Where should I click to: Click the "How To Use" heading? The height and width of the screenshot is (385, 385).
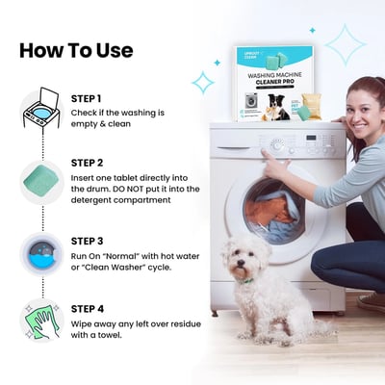[x=76, y=50]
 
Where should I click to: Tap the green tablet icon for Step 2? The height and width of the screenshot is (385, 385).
[x=39, y=180]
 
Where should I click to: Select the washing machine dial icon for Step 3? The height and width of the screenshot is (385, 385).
[x=39, y=255]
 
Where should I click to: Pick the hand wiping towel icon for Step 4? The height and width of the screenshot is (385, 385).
[x=39, y=321]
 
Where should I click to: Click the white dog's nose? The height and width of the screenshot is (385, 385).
[x=237, y=266]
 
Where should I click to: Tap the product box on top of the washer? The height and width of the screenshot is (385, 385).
[x=276, y=86]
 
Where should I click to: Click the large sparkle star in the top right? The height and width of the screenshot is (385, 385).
[x=345, y=44]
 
